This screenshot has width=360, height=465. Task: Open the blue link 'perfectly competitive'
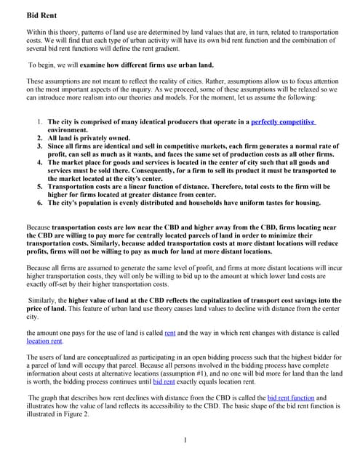point(284,122)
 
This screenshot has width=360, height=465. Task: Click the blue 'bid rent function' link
point(297,398)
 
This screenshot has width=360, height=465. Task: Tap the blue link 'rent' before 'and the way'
point(170,332)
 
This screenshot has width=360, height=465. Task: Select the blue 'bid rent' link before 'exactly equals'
point(164,381)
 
